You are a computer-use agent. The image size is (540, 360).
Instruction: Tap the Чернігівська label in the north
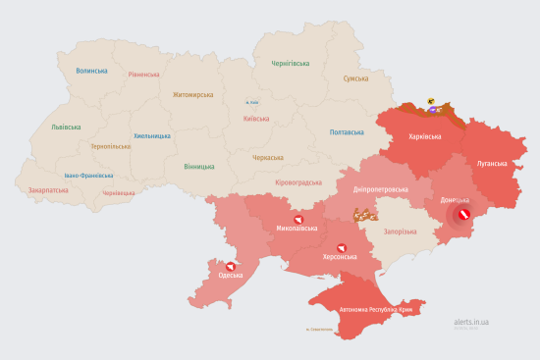(291, 63)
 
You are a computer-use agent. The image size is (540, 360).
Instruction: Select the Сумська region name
(354, 78)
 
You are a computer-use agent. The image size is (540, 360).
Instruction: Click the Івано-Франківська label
(88, 176)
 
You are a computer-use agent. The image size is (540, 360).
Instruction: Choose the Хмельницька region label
(152, 136)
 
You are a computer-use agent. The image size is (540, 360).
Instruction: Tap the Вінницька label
(199, 166)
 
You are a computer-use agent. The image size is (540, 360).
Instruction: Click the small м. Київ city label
(252, 101)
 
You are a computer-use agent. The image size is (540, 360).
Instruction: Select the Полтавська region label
(348, 131)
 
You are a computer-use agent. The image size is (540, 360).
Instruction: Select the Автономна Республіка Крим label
(378, 309)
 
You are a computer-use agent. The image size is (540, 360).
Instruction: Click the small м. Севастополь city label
(320, 329)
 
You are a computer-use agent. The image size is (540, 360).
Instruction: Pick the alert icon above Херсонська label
(342, 247)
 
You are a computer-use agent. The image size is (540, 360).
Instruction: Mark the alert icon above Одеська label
(230, 266)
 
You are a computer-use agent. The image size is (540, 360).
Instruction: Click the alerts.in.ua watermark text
(472, 321)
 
